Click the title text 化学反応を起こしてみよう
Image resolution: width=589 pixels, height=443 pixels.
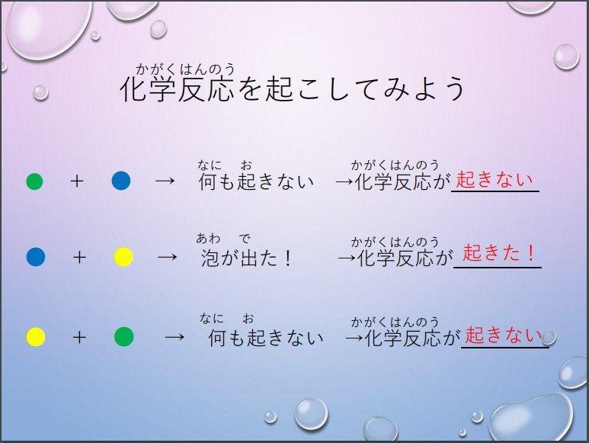click(x=293, y=89)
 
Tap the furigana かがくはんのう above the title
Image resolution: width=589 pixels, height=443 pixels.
click(x=185, y=69)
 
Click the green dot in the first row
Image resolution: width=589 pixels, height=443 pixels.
click(x=34, y=181)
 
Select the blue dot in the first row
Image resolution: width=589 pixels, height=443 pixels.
click(x=121, y=181)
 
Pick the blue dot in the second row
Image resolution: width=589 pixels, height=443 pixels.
click(x=36, y=257)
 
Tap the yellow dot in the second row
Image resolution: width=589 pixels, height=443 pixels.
click(x=123, y=257)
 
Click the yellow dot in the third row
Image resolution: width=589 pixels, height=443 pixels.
click(x=36, y=337)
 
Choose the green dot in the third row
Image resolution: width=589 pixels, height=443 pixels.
click(x=124, y=336)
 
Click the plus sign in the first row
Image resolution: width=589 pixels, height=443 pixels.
click(x=77, y=181)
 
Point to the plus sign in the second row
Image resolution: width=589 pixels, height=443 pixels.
click(x=79, y=258)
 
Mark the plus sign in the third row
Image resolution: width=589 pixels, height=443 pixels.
click(x=79, y=338)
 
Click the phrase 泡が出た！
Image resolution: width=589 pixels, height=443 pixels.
click(x=246, y=258)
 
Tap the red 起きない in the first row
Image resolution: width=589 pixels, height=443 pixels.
click(x=495, y=180)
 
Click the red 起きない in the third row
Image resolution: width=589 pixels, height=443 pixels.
click(x=504, y=335)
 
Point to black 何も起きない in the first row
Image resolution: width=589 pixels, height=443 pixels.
click(x=256, y=182)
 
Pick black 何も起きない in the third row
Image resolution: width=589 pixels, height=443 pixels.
click(x=266, y=338)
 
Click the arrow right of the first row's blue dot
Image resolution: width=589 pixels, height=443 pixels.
click(x=165, y=181)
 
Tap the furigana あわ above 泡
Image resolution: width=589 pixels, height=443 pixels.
click(x=208, y=238)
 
